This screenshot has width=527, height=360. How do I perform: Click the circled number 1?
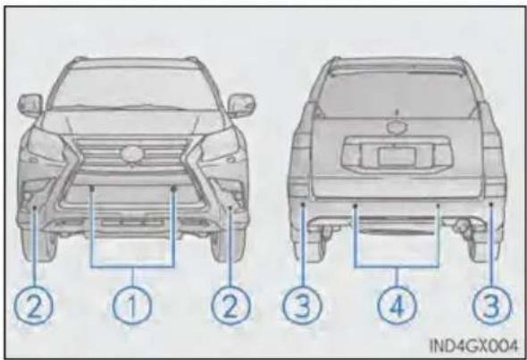pyautogui.click(x=132, y=306)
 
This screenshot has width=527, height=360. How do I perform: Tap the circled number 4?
pyautogui.click(x=397, y=306)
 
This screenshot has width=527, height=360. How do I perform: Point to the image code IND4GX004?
pyautogui.click(x=473, y=345)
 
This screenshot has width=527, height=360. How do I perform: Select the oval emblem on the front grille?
pyautogui.click(x=133, y=154)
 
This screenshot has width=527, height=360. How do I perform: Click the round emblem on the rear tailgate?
pyautogui.click(x=397, y=127)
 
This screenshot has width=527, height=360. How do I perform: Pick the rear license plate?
pyautogui.click(x=397, y=156)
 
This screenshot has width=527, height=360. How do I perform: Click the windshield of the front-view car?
pyautogui.click(x=135, y=89)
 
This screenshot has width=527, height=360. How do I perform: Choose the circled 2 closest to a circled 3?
pyautogui.click(x=230, y=306)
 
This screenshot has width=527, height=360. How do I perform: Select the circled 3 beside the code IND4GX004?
pyautogui.click(x=491, y=306)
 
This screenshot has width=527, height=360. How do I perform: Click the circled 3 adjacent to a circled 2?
pyautogui.click(x=302, y=306)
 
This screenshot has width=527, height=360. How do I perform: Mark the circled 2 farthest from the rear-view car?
pyautogui.click(x=33, y=306)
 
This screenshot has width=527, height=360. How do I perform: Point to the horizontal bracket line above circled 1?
pyautogui.click(x=133, y=267)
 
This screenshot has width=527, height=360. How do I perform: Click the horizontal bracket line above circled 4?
pyautogui.click(x=397, y=267)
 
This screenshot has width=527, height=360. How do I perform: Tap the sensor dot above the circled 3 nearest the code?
pyautogui.click(x=491, y=204)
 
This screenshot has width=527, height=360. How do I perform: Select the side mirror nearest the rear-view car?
pyautogui.click(x=241, y=105)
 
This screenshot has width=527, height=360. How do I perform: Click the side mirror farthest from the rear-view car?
pyautogui.click(x=30, y=105)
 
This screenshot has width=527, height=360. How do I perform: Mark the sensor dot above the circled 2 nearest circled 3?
pyautogui.click(x=230, y=208)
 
